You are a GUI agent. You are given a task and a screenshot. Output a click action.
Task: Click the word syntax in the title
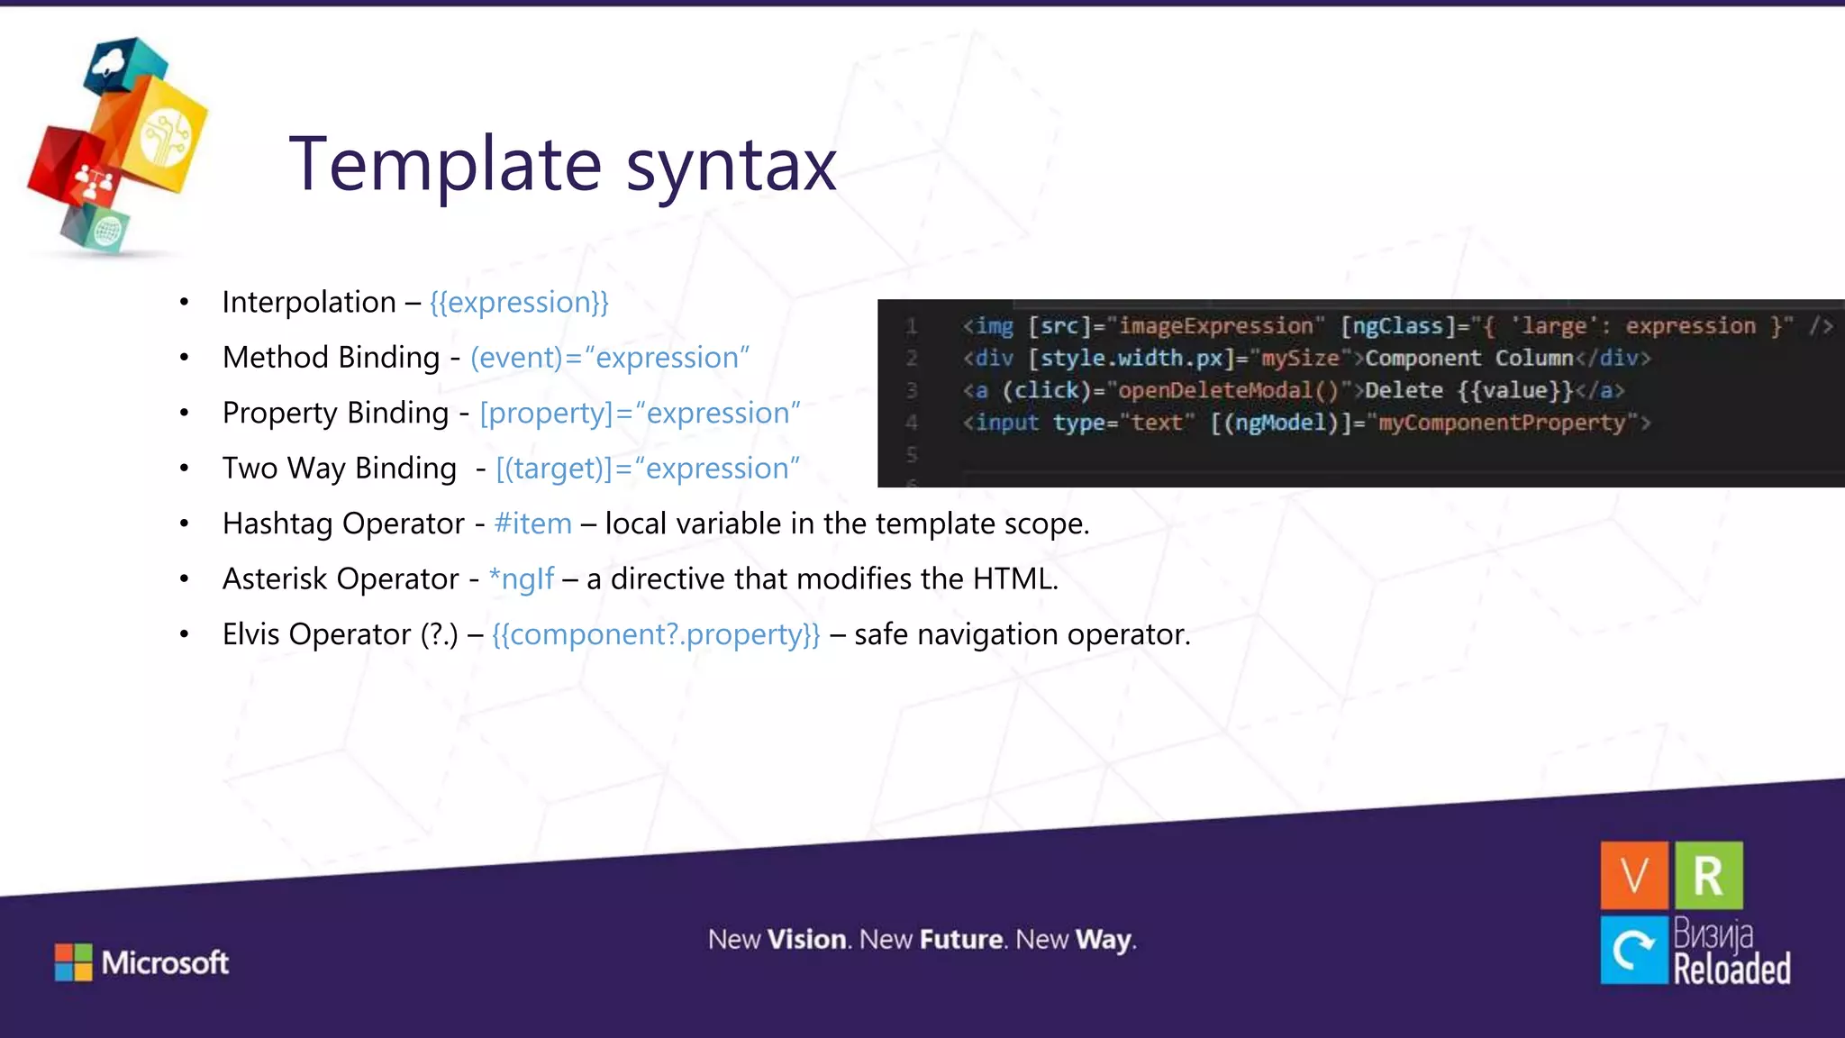pyautogui.click(x=731, y=167)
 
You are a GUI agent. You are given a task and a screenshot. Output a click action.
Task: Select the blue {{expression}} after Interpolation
pyautogui.click(x=519, y=302)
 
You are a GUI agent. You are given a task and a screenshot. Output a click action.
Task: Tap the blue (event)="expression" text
pyautogui.click(x=609, y=358)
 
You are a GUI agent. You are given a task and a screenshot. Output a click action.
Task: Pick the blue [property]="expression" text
pyautogui.click(x=639, y=413)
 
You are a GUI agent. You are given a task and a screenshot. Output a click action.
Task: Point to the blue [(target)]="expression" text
pyautogui.click(x=647, y=469)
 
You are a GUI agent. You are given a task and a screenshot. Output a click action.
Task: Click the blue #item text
pyautogui.click(x=532, y=524)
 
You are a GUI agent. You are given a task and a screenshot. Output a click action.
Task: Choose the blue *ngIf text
pyautogui.click(x=521, y=578)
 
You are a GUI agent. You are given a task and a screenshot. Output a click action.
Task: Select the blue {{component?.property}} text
pyautogui.click(x=656, y=634)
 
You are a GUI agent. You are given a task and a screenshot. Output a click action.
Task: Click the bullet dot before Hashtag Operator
pyautogui.click(x=184, y=524)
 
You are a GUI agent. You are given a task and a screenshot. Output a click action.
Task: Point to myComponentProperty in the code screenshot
pyautogui.click(x=1501, y=423)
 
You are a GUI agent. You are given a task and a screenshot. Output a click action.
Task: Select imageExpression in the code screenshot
pyautogui.click(x=1215, y=326)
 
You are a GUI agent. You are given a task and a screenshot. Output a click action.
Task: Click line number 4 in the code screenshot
pyautogui.click(x=911, y=423)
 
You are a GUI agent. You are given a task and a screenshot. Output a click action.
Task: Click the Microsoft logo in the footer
pyautogui.click(x=141, y=962)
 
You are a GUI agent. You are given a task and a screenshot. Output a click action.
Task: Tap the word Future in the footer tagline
pyautogui.click(x=960, y=940)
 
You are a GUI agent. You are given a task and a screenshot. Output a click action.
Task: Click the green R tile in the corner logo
pyautogui.click(x=1708, y=875)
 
